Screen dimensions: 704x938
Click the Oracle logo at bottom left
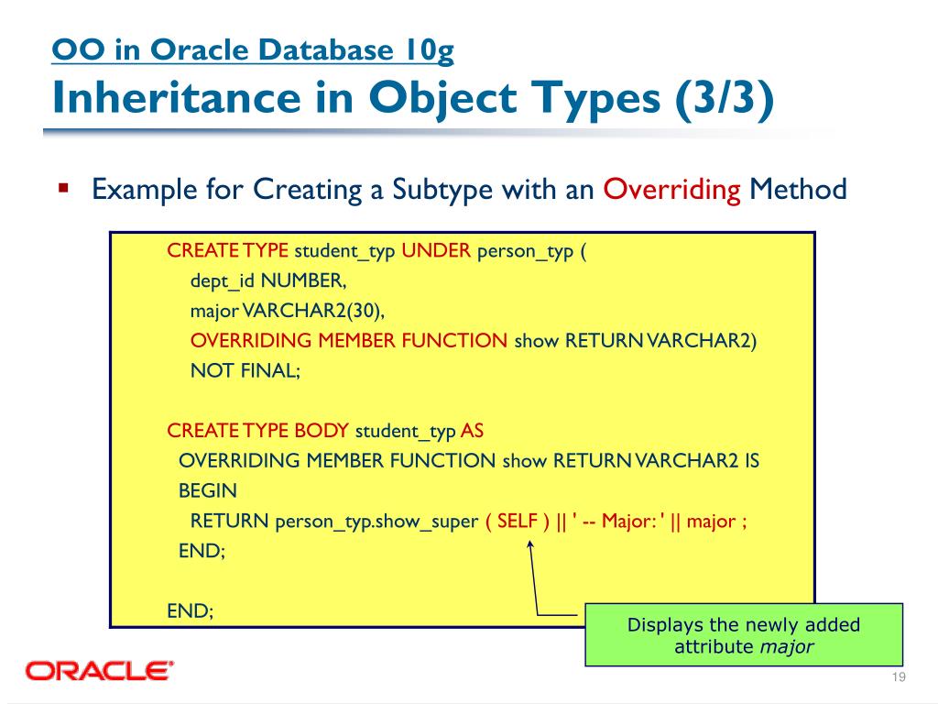coord(100,671)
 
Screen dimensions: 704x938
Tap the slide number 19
coord(898,676)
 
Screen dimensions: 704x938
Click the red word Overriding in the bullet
coord(672,190)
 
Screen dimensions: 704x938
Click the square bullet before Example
coord(63,190)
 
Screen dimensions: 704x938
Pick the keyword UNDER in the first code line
coord(437,251)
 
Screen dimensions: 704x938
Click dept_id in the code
coord(223,281)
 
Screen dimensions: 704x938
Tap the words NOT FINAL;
coord(245,370)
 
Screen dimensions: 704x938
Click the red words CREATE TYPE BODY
coord(257,431)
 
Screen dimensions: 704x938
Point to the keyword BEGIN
coord(207,490)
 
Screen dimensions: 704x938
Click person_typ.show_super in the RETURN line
coord(376,522)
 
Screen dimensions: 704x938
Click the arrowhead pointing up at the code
coord(530,546)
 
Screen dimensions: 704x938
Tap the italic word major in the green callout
coord(787,646)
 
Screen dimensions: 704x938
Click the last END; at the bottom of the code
coord(190,610)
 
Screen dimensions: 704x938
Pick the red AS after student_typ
coord(472,431)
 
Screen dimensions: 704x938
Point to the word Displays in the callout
coord(665,625)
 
